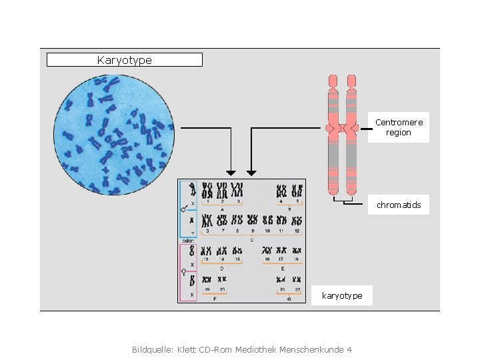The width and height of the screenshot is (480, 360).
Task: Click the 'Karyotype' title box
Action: (124, 60)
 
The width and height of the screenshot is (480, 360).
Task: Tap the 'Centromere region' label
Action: (399, 127)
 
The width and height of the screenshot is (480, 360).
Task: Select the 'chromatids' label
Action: (399, 205)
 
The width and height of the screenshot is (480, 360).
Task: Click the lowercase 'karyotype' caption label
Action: (342, 295)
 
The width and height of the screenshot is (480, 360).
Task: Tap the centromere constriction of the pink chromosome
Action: (342, 127)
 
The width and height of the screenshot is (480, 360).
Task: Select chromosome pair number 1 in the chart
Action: (207, 190)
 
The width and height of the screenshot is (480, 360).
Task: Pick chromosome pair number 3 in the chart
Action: (237, 190)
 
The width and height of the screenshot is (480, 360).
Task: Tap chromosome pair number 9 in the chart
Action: (253, 220)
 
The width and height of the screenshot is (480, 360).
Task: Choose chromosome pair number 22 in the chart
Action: (297, 280)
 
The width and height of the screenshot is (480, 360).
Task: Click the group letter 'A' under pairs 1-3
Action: (222, 209)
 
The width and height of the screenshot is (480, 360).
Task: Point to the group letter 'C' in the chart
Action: (251, 239)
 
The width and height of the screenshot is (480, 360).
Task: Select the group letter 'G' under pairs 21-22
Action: (289, 299)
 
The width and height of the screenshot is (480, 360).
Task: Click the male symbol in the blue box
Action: (184, 208)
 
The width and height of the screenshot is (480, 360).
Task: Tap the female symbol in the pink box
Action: (184, 271)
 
